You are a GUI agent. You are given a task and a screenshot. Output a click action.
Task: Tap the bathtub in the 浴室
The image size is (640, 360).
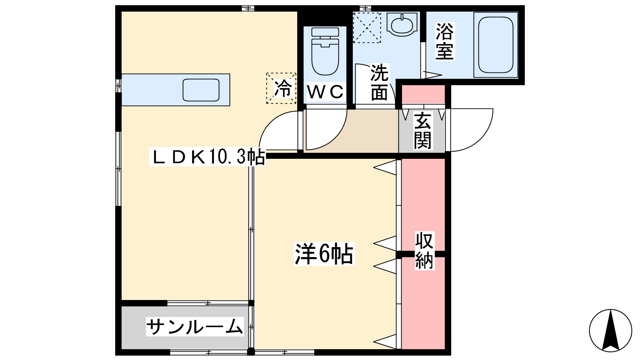496,44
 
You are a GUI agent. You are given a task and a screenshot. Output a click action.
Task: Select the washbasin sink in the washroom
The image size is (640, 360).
402,25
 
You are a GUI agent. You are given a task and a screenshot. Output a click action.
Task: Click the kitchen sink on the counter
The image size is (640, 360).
201,90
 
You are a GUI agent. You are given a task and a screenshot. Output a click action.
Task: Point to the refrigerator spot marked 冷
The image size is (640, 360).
281,88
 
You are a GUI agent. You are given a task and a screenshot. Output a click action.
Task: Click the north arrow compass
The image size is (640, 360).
610,330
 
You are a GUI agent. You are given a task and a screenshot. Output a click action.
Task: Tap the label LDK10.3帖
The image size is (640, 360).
207,156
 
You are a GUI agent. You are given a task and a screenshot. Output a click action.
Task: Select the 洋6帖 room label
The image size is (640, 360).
324,254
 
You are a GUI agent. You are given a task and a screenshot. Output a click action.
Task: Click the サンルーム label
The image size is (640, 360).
195,327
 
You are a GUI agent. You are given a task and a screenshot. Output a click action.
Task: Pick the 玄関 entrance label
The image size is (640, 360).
422,130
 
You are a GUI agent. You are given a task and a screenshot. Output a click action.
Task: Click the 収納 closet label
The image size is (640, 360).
424,251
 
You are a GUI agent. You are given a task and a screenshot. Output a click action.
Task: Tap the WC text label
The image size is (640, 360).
325,92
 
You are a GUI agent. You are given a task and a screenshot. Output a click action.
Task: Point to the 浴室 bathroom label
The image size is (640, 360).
444,41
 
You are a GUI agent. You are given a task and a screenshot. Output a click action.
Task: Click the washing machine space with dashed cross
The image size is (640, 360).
367,27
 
